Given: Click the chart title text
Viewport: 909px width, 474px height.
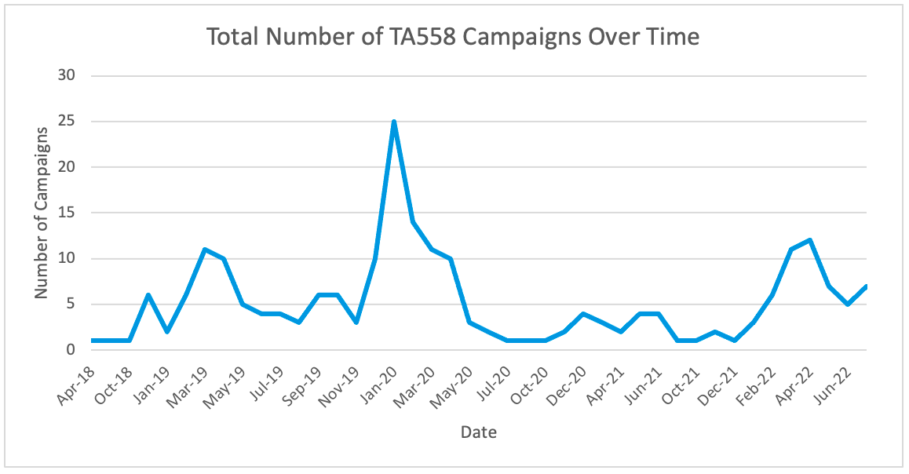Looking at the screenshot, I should pos(453,36).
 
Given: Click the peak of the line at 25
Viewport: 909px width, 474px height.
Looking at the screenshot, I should pos(393,122).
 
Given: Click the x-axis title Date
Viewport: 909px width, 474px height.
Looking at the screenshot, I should pos(478,432).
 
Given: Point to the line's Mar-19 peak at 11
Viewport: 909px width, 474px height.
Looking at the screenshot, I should pos(204,250).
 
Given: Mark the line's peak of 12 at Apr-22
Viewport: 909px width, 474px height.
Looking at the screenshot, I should pos(809,240).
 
